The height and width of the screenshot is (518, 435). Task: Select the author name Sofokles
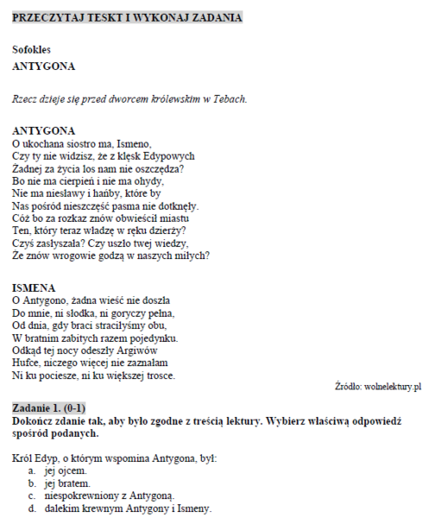32,49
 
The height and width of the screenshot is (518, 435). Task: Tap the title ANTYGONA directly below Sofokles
43,66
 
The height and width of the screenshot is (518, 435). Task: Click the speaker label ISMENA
35,287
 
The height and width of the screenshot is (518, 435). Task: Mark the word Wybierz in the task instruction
290,420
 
